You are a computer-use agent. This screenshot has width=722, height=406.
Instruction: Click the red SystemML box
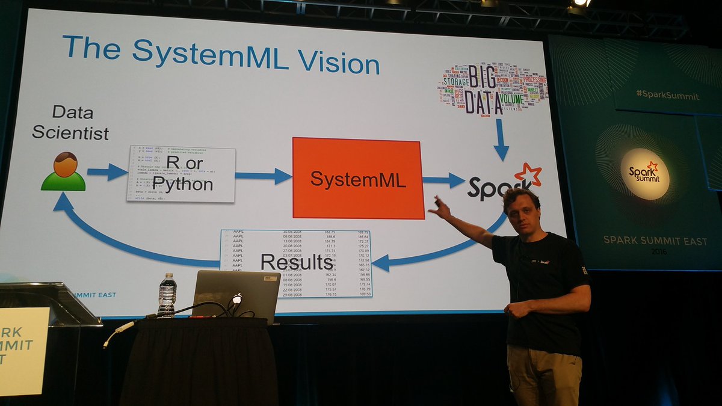pos(357,177)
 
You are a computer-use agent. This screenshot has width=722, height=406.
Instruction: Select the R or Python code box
pos(180,174)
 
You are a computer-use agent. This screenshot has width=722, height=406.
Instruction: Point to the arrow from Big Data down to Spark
pos(500,140)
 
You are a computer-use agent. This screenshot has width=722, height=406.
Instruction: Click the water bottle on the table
pos(167,295)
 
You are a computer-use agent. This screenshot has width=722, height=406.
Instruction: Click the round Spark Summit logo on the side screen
pos(644,173)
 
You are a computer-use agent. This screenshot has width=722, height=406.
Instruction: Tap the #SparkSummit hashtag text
pos(667,96)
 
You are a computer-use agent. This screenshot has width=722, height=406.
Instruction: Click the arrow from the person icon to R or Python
pos(107,172)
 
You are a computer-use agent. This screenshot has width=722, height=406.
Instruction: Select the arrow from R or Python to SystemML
pos(264,176)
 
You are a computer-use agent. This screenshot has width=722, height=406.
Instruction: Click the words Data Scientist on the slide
pos(70,122)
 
